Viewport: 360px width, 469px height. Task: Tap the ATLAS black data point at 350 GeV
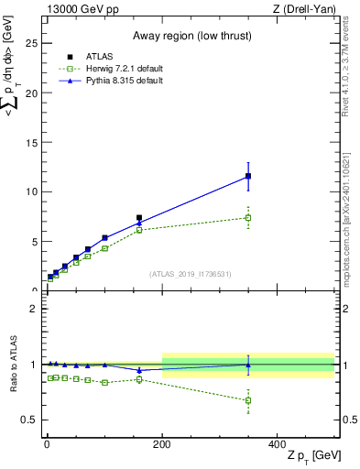click(248, 176)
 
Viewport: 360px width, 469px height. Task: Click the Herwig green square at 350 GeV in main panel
click(248, 217)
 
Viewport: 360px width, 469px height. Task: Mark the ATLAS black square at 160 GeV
click(139, 218)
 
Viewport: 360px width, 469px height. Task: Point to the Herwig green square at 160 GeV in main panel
click(139, 230)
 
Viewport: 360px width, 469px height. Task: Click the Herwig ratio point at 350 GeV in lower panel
click(248, 400)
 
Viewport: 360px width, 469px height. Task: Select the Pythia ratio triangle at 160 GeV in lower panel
click(139, 370)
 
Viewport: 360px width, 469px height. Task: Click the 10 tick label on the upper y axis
click(32, 191)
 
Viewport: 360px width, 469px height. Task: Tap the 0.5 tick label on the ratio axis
click(29, 420)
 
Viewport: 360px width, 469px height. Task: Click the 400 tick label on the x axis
click(278, 443)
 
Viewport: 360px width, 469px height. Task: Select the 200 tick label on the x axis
click(162, 443)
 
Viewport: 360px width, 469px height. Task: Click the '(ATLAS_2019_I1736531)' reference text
click(191, 273)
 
